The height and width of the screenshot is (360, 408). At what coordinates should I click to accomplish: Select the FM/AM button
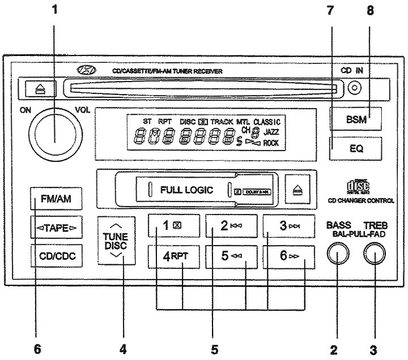(55, 199)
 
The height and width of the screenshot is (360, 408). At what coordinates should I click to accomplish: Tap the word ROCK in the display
(271, 144)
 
